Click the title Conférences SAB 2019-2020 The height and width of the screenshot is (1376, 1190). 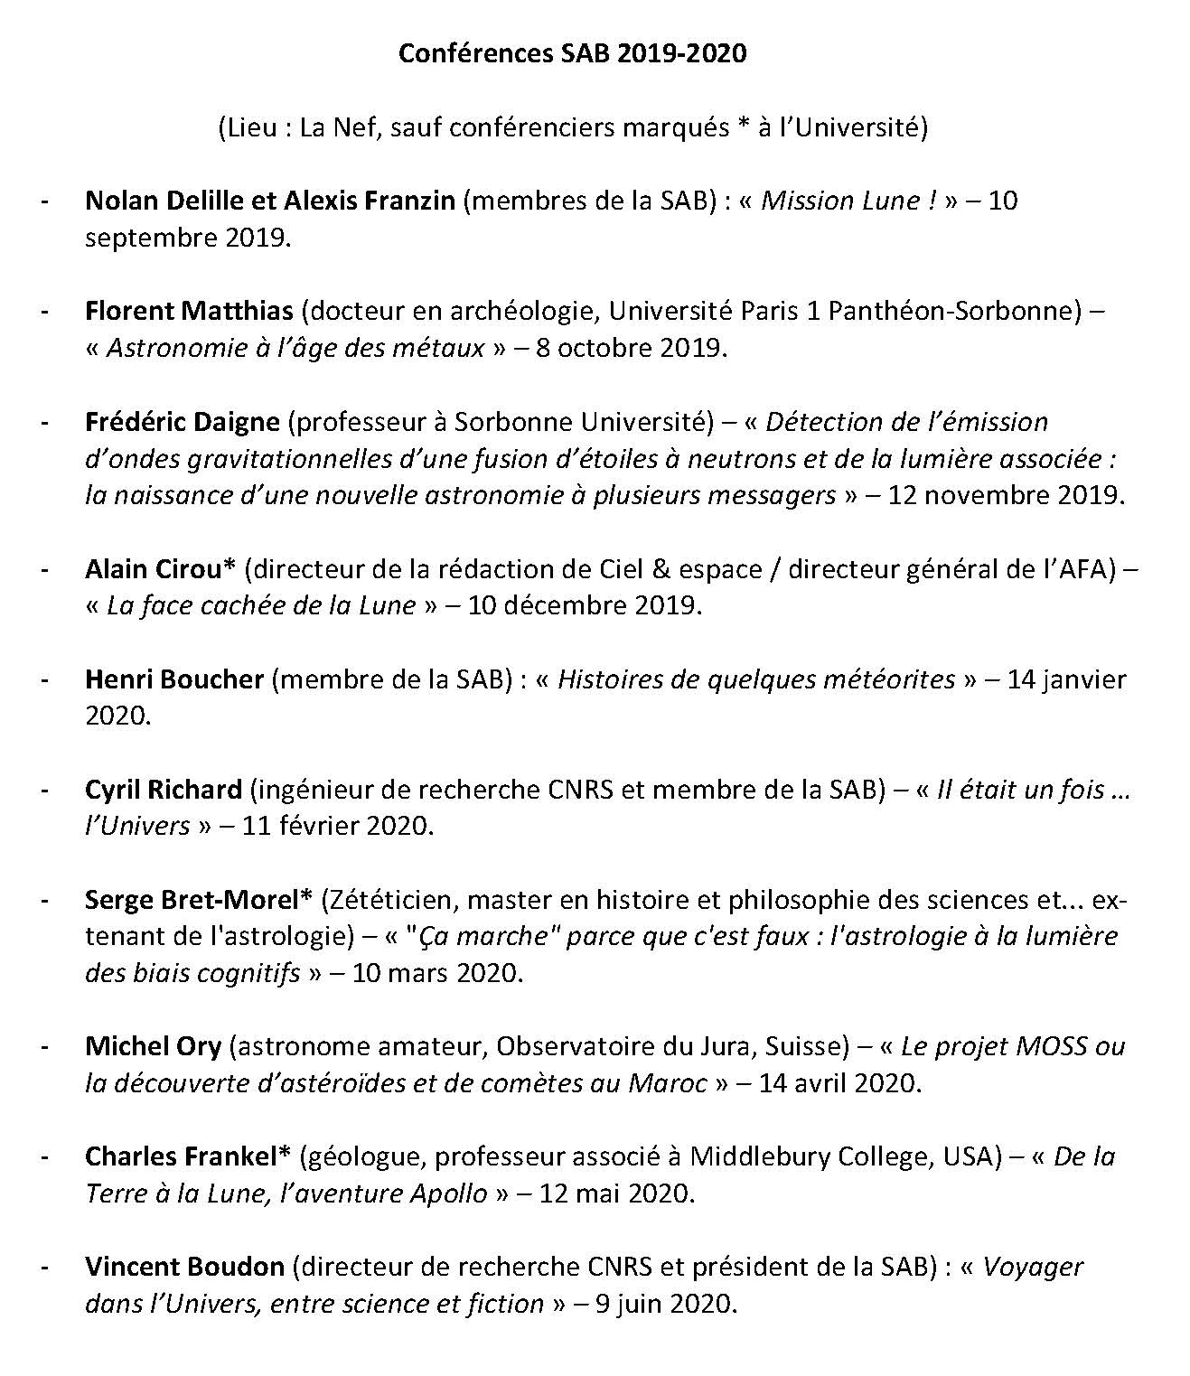pos(573,53)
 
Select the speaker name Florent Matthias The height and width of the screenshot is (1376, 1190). pos(189,311)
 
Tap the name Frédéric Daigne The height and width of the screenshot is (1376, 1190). pos(183,422)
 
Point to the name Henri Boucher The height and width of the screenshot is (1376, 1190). pos(174,679)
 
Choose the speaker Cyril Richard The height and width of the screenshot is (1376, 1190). pos(164,790)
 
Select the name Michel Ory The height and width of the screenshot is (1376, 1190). pos(153,1046)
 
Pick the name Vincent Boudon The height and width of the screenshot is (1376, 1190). pos(184,1267)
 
